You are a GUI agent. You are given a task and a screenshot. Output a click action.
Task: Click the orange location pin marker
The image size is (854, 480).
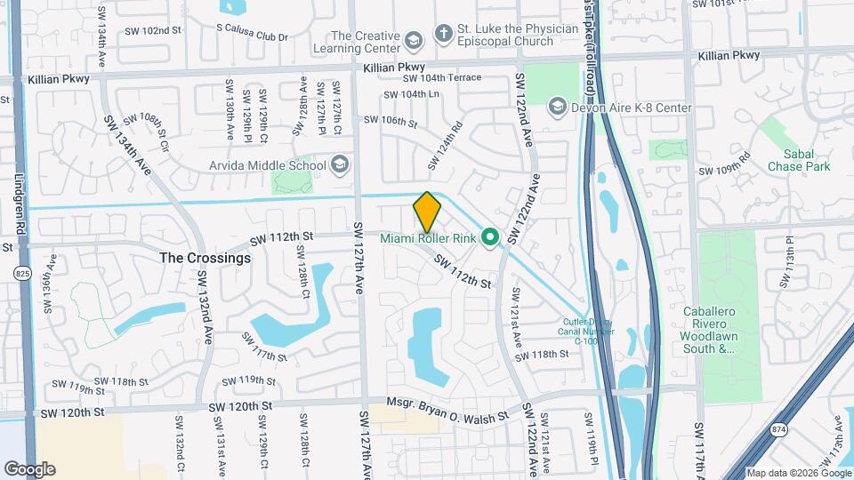428,212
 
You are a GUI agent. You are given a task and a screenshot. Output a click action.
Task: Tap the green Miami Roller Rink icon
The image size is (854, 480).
489,238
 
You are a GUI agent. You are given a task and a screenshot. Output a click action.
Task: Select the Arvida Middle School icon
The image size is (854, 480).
340,164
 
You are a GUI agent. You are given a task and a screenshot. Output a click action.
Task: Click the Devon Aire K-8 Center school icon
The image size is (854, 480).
558,108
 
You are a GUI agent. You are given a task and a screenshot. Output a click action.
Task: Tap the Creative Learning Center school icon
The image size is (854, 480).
413,41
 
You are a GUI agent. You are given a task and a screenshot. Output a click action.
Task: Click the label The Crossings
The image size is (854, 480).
205,258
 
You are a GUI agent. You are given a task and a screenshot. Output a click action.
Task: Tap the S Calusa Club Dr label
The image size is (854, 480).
253,37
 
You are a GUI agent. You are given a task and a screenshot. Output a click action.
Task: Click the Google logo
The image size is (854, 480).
29,469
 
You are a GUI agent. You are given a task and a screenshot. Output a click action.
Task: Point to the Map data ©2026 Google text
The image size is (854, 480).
797,473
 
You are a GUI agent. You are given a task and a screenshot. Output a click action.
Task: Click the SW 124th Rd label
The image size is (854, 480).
446,146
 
